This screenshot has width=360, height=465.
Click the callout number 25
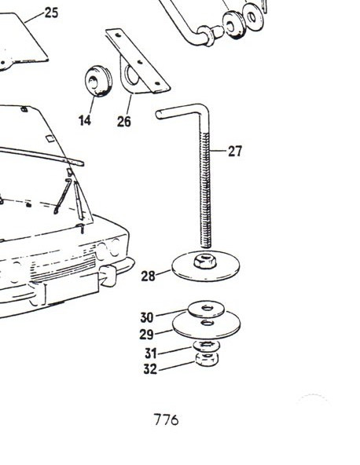click(51, 13)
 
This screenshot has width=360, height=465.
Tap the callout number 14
click(85, 120)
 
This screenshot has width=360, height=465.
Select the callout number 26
click(123, 121)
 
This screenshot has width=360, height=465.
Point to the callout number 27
click(235, 152)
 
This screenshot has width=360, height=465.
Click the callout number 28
click(148, 276)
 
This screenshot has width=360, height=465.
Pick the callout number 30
click(147, 317)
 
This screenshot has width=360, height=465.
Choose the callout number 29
click(147, 335)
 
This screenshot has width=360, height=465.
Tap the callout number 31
click(151, 353)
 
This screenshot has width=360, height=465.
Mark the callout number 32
click(150, 369)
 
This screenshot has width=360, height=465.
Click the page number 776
click(166, 419)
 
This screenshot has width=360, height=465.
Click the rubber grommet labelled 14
click(98, 81)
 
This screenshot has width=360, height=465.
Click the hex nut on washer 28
click(204, 261)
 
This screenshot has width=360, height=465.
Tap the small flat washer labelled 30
click(206, 309)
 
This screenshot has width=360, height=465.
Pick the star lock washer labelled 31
click(206, 345)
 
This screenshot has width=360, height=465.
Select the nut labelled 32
click(207, 358)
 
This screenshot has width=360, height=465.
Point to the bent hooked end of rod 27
click(178, 112)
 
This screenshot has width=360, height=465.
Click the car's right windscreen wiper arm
click(79, 200)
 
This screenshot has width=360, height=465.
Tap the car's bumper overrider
click(108, 276)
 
